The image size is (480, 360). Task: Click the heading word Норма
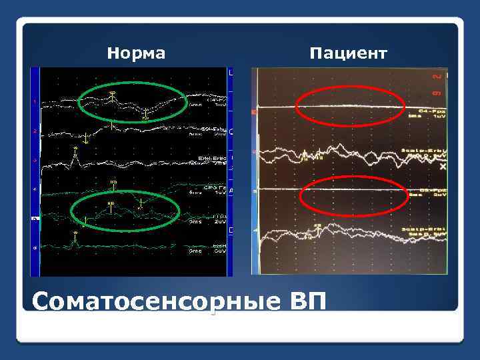pos(136,53)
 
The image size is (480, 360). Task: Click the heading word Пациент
pos(347,53)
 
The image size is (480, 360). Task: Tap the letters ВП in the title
pos(308,302)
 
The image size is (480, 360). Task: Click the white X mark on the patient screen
pos(443,169)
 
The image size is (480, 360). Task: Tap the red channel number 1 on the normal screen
pos(35,102)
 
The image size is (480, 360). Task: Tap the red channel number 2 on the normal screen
pos(35,131)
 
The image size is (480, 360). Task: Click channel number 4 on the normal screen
pos(35,189)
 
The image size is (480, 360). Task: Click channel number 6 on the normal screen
pos(35,247)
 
